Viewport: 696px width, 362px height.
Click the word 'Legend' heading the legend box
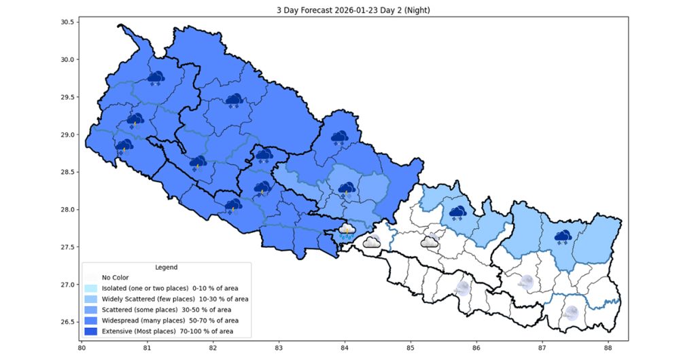coord(167,268)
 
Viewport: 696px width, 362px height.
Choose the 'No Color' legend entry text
coord(115,277)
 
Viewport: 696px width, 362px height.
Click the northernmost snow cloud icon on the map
coord(156,78)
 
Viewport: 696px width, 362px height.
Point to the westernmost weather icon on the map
coord(124,146)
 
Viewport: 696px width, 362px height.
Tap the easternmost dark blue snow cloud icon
coord(563,237)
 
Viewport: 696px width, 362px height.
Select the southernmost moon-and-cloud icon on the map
coord(572,313)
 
